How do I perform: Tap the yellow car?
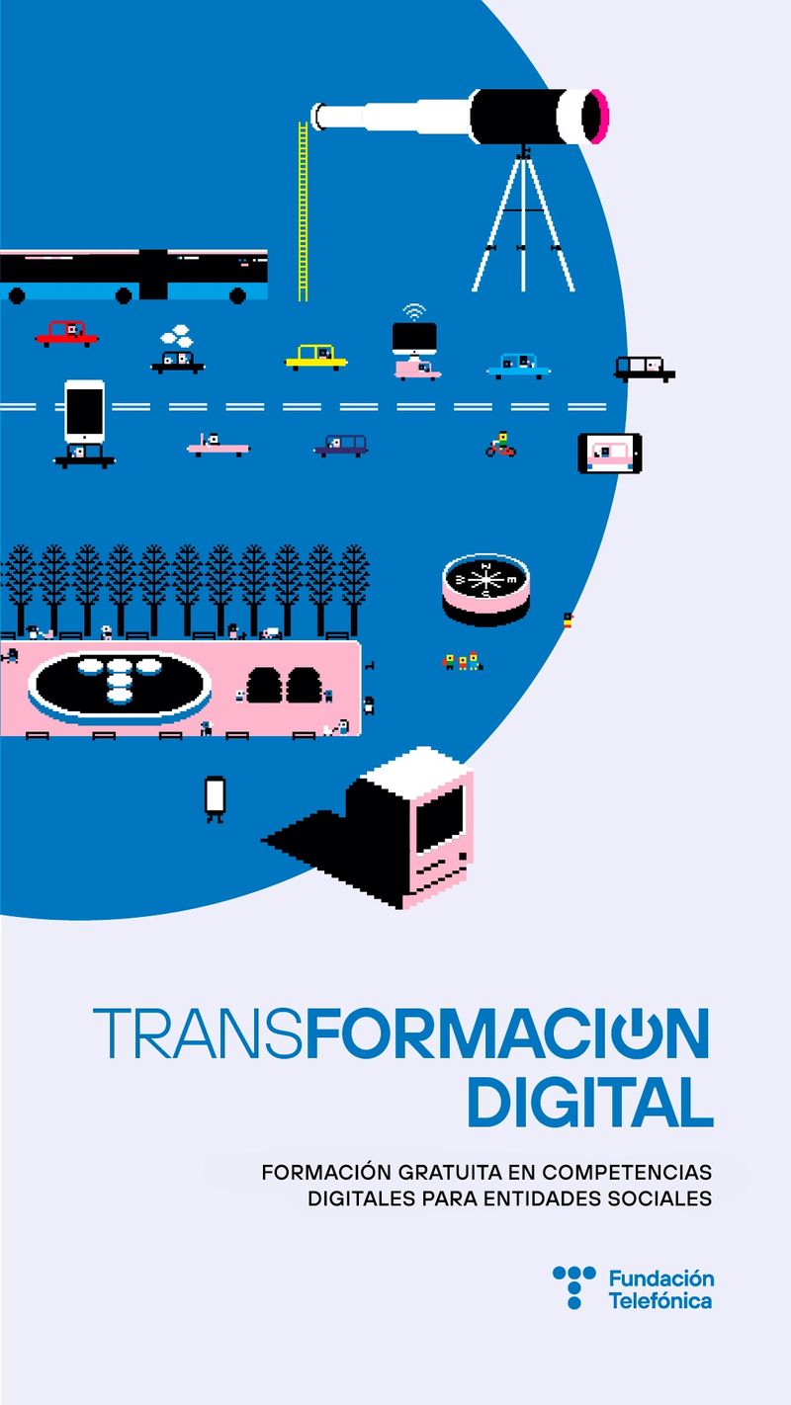(x=315, y=356)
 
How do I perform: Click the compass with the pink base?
(x=485, y=589)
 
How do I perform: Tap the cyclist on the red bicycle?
(x=501, y=445)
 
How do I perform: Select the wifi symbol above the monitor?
(x=414, y=312)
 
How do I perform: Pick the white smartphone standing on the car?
(x=84, y=410)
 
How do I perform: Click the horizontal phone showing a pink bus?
(x=609, y=454)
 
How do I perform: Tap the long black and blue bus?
(x=133, y=275)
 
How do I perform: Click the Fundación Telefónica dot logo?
(x=574, y=1286)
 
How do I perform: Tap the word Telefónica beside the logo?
(x=660, y=1300)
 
